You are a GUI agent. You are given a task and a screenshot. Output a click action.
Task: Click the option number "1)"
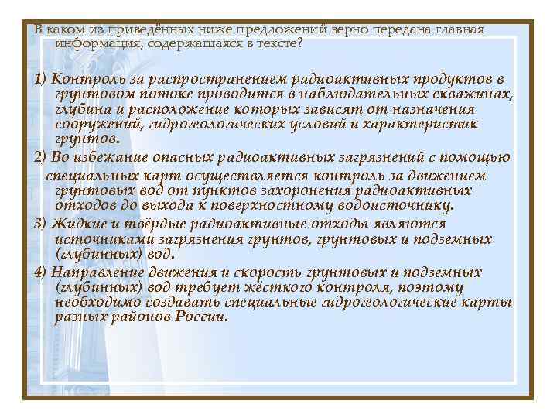(41, 79)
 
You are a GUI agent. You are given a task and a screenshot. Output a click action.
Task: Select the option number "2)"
(41, 157)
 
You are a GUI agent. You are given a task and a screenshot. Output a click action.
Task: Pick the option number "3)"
(41, 223)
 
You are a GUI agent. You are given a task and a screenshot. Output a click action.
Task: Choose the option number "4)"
(41, 272)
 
